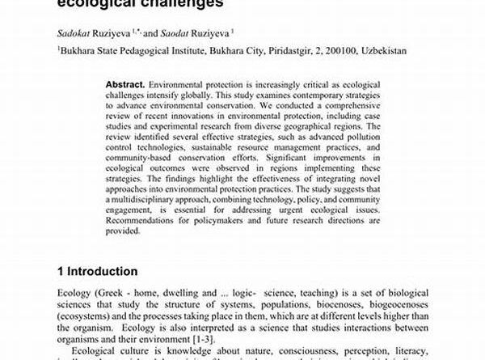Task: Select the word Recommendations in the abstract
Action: pyautogui.click(x=144, y=221)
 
